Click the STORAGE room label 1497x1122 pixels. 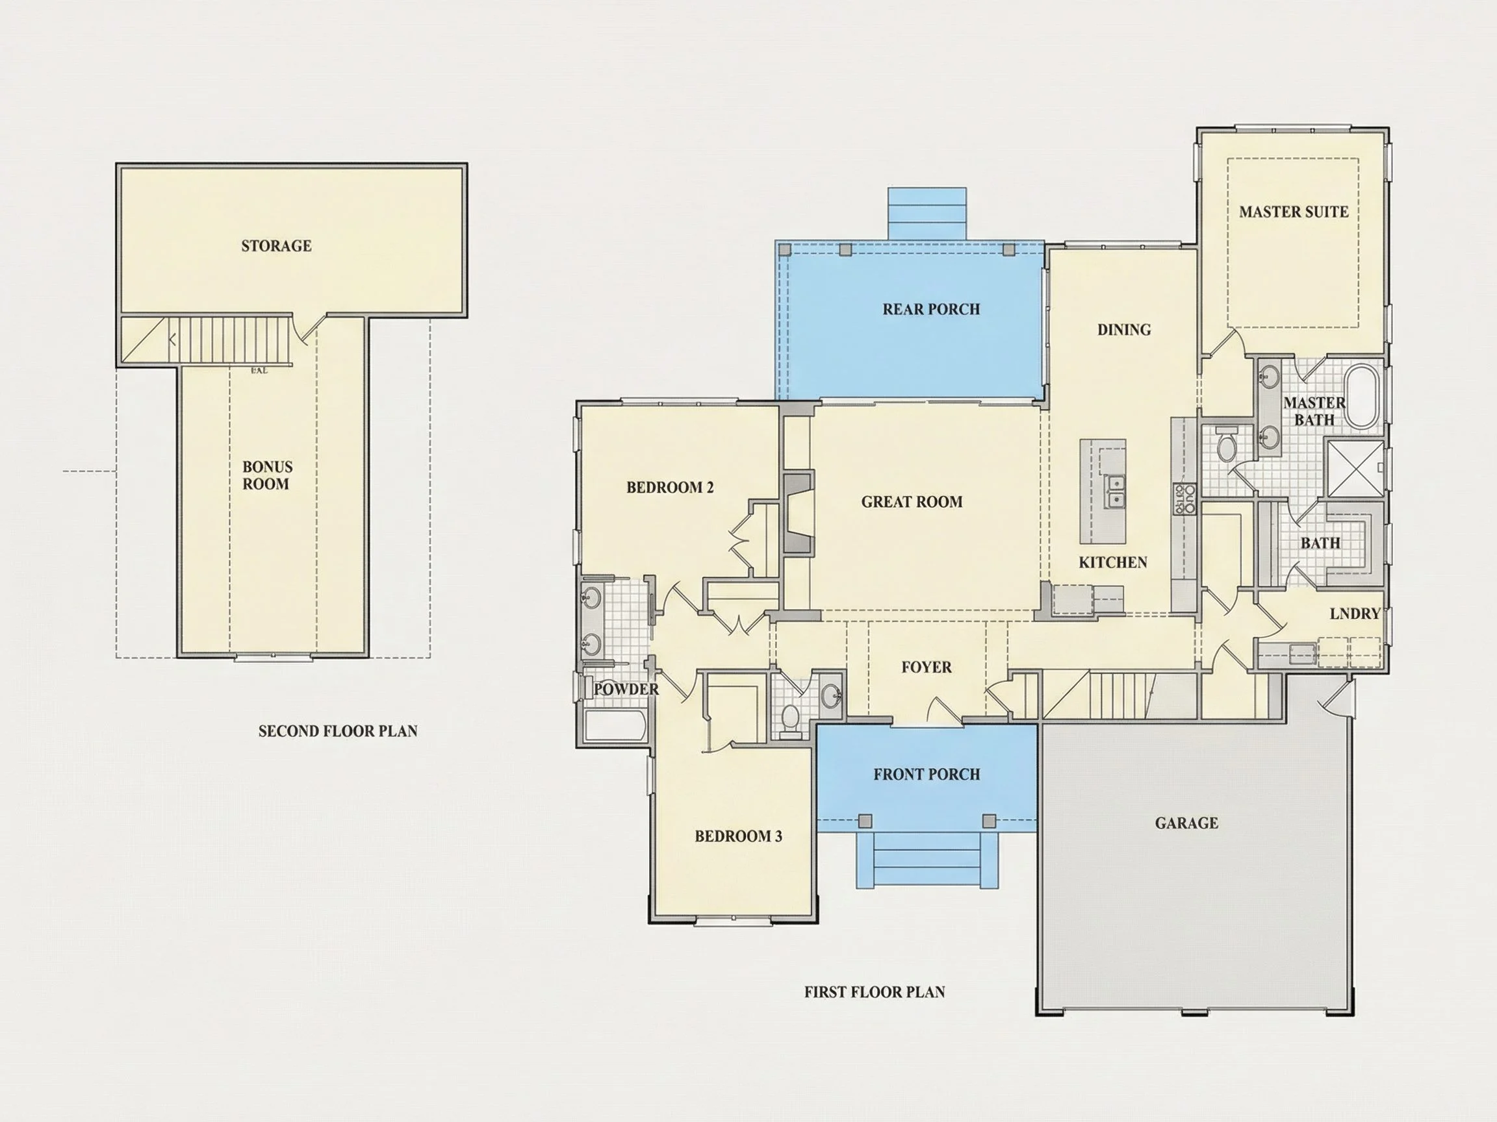(276, 245)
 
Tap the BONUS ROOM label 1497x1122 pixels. (266, 475)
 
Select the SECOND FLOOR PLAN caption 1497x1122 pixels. (338, 730)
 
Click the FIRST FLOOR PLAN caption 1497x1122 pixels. (875, 991)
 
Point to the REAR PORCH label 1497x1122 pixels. (931, 309)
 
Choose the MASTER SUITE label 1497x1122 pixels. (1293, 212)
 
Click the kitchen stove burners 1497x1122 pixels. (1184, 498)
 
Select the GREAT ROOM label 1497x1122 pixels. (912, 502)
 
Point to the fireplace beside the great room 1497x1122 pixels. (798, 514)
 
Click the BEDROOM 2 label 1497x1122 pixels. (670, 487)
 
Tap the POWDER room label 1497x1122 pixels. (626, 688)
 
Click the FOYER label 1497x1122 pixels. (927, 667)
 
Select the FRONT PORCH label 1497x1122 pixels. (927, 774)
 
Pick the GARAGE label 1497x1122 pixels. (1186, 823)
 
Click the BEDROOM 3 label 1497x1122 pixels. (738, 836)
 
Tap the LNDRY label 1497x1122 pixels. (1355, 614)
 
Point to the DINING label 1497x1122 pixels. (1124, 329)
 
